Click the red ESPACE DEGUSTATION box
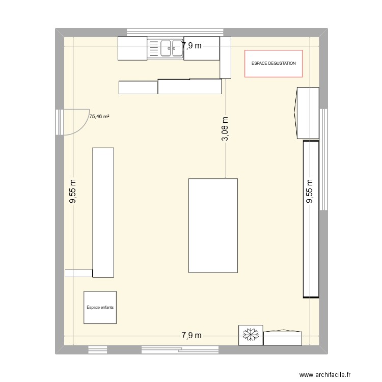[x=274, y=64]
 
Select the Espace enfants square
[x=100, y=307]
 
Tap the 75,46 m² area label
[x=99, y=117]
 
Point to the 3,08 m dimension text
[x=226, y=129]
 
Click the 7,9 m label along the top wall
[x=192, y=46]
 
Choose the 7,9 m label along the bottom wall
[x=192, y=335]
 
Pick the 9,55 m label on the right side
[x=309, y=192]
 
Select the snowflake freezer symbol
[x=250, y=335]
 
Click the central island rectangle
[x=213, y=225]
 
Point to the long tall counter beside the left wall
[x=103, y=212]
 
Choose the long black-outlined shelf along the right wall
[x=311, y=219]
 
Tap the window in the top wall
[x=173, y=32]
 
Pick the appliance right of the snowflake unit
[x=283, y=338]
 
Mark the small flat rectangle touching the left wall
[x=78, y=273]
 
